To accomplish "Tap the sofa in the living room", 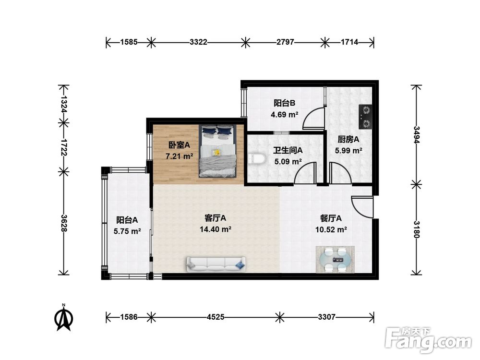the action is pos(216,264).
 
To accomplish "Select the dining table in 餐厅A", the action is pos(335,259).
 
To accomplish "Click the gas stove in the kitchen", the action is pos(365,117).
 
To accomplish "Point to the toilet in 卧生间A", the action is pos(256,159).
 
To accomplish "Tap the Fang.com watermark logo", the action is pos(429,340).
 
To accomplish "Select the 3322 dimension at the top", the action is pos(198,42).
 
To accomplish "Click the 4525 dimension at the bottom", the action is pos(216,317).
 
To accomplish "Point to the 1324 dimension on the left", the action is pos(64,104).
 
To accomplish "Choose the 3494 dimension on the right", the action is pos(417,135).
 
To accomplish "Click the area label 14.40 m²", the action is pos(215,229).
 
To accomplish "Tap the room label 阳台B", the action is pos(284,103).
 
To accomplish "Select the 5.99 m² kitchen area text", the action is pos(348,150).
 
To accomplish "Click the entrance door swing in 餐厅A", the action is pos(362,207).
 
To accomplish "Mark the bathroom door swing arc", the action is pos(305,173).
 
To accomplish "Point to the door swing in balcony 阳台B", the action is pos(313,119).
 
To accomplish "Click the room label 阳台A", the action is pos(127,220).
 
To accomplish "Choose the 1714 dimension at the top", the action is pos(349,42).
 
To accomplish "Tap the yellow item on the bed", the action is pos(217,152).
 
